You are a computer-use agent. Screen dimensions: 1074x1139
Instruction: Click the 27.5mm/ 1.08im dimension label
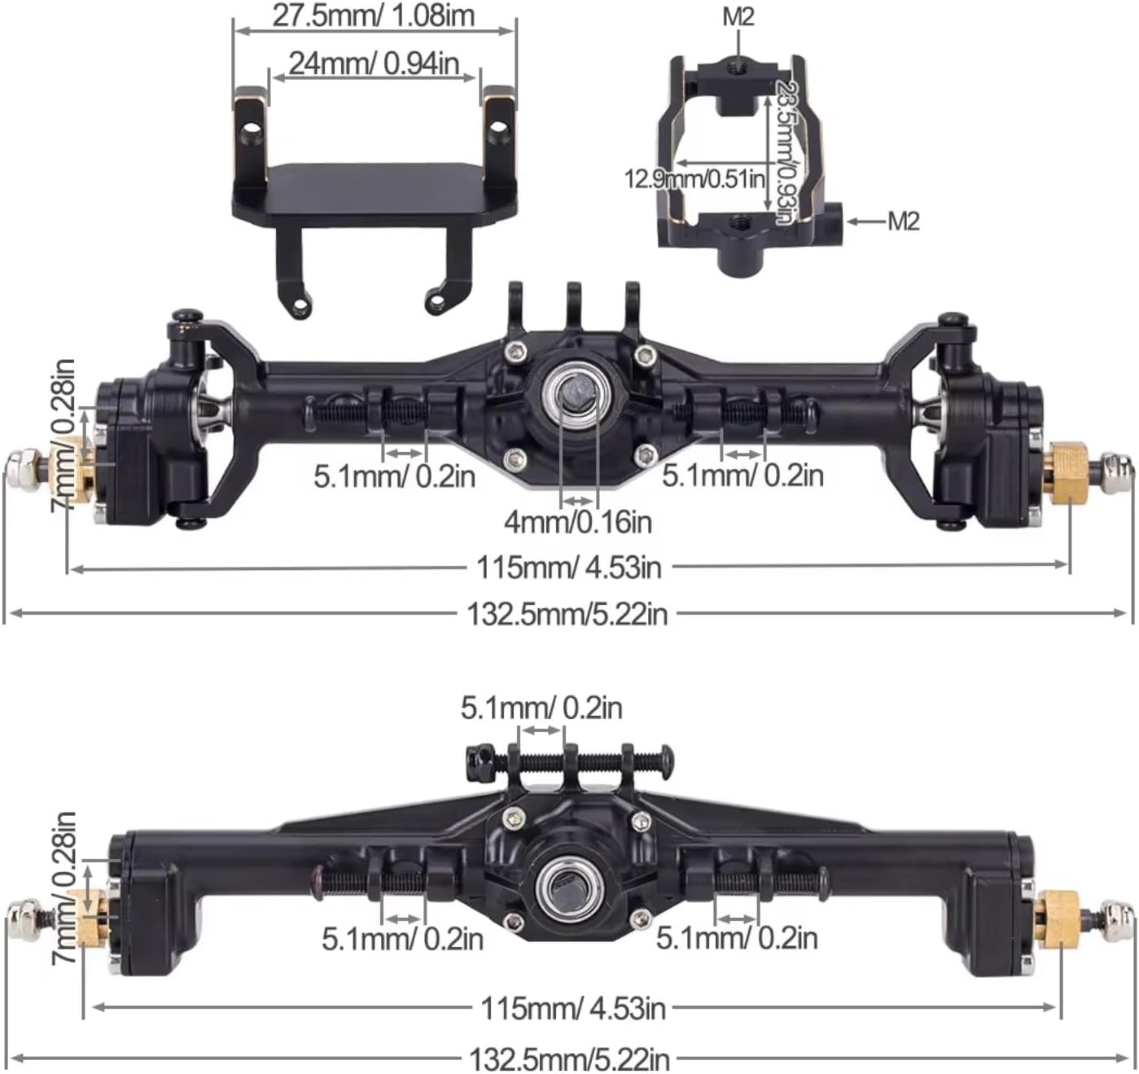click(373, 15)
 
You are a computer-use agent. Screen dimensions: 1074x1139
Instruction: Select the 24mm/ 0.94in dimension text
click(373, 63)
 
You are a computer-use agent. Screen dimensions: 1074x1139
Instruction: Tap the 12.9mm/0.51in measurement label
click(694, 178)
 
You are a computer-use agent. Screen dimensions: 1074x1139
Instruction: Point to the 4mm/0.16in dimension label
click(578, 521)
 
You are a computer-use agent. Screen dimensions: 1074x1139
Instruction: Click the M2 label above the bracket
click(738, 17)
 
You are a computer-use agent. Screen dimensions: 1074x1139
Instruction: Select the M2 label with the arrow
click(903, 221)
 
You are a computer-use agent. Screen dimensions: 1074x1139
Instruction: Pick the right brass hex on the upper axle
click(1067, 473)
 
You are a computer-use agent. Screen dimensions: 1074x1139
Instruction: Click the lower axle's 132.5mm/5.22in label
click(569, 1059)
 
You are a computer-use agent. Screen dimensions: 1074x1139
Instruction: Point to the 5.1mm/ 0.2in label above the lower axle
click(541, 707)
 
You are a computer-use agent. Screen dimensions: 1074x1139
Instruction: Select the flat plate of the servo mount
click(371, 186)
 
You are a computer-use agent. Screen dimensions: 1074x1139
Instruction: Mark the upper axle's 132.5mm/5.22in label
click(567, 613)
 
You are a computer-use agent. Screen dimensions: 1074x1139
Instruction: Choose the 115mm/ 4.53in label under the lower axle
click(573, 1008)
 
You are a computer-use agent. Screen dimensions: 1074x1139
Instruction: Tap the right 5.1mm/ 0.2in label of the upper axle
click(742, 475)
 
